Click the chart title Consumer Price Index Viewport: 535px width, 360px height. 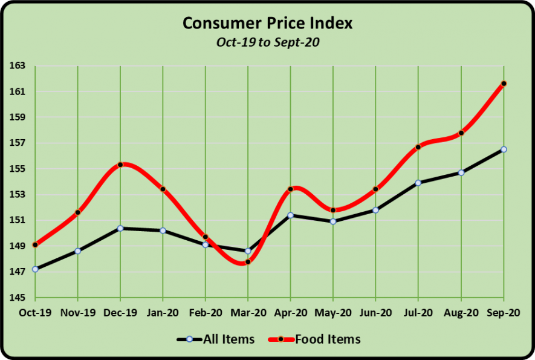click(267, 23)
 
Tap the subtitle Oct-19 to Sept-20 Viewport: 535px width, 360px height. click(267, 42)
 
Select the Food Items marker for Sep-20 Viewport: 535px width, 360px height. click(504, 83)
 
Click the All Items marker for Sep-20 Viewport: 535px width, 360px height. click(504, 149)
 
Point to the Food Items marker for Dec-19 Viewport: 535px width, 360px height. click(120, 165)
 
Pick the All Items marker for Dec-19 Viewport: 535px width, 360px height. click(120, 228)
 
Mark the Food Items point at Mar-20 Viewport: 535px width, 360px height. click(248, 262)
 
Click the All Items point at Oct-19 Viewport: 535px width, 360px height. click(35, 269)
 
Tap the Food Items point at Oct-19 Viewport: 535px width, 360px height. click(35, 245)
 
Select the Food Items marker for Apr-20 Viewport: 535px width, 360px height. click(291, 189)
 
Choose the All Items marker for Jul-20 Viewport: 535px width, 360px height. click(418, 183)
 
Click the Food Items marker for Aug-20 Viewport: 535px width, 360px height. click(461, 133)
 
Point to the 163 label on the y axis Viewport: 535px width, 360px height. click(16, 66)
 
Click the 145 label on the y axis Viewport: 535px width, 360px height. click(16, 298)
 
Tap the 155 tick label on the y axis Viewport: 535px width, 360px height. click(16, 169)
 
